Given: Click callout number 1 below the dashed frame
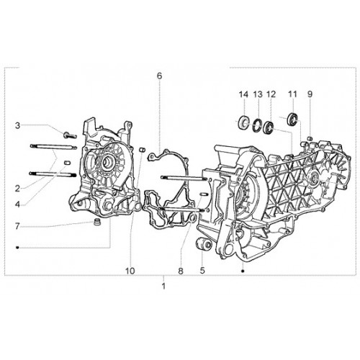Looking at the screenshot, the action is coord(163,287).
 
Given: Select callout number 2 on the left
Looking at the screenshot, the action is coord(17,189).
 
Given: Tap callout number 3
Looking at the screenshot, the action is coord(17,125).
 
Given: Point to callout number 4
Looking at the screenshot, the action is coord(17,204).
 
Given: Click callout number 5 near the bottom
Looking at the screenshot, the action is coord(202,271).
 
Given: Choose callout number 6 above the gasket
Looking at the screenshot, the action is coord(160,76).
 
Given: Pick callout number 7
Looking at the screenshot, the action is coord(17,226).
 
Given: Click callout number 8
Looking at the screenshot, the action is coord(181,271).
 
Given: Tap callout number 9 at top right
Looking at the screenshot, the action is coord(310,94).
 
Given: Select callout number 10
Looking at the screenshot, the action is coord(130,271).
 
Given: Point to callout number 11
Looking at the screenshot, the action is coord(292,94).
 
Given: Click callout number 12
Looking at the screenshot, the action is coord(271,94).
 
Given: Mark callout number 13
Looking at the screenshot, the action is coord(258,94).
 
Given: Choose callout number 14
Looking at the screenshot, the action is coord(243,94).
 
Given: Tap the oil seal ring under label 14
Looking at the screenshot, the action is coord(243,123).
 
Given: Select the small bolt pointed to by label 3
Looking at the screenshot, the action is coord(70,135).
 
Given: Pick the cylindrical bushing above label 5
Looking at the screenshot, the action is coord(204,244).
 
